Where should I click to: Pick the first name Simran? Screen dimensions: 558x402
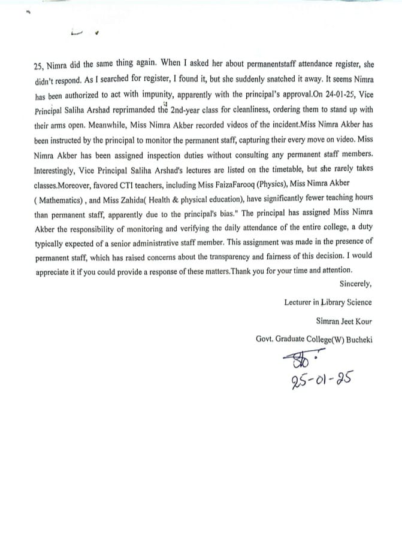tap(328, 321)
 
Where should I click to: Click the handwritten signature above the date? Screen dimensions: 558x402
tap(298, 362)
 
